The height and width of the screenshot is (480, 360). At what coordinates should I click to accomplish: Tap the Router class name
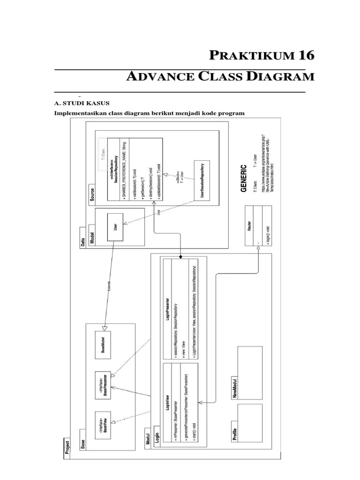tap(249, 225)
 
